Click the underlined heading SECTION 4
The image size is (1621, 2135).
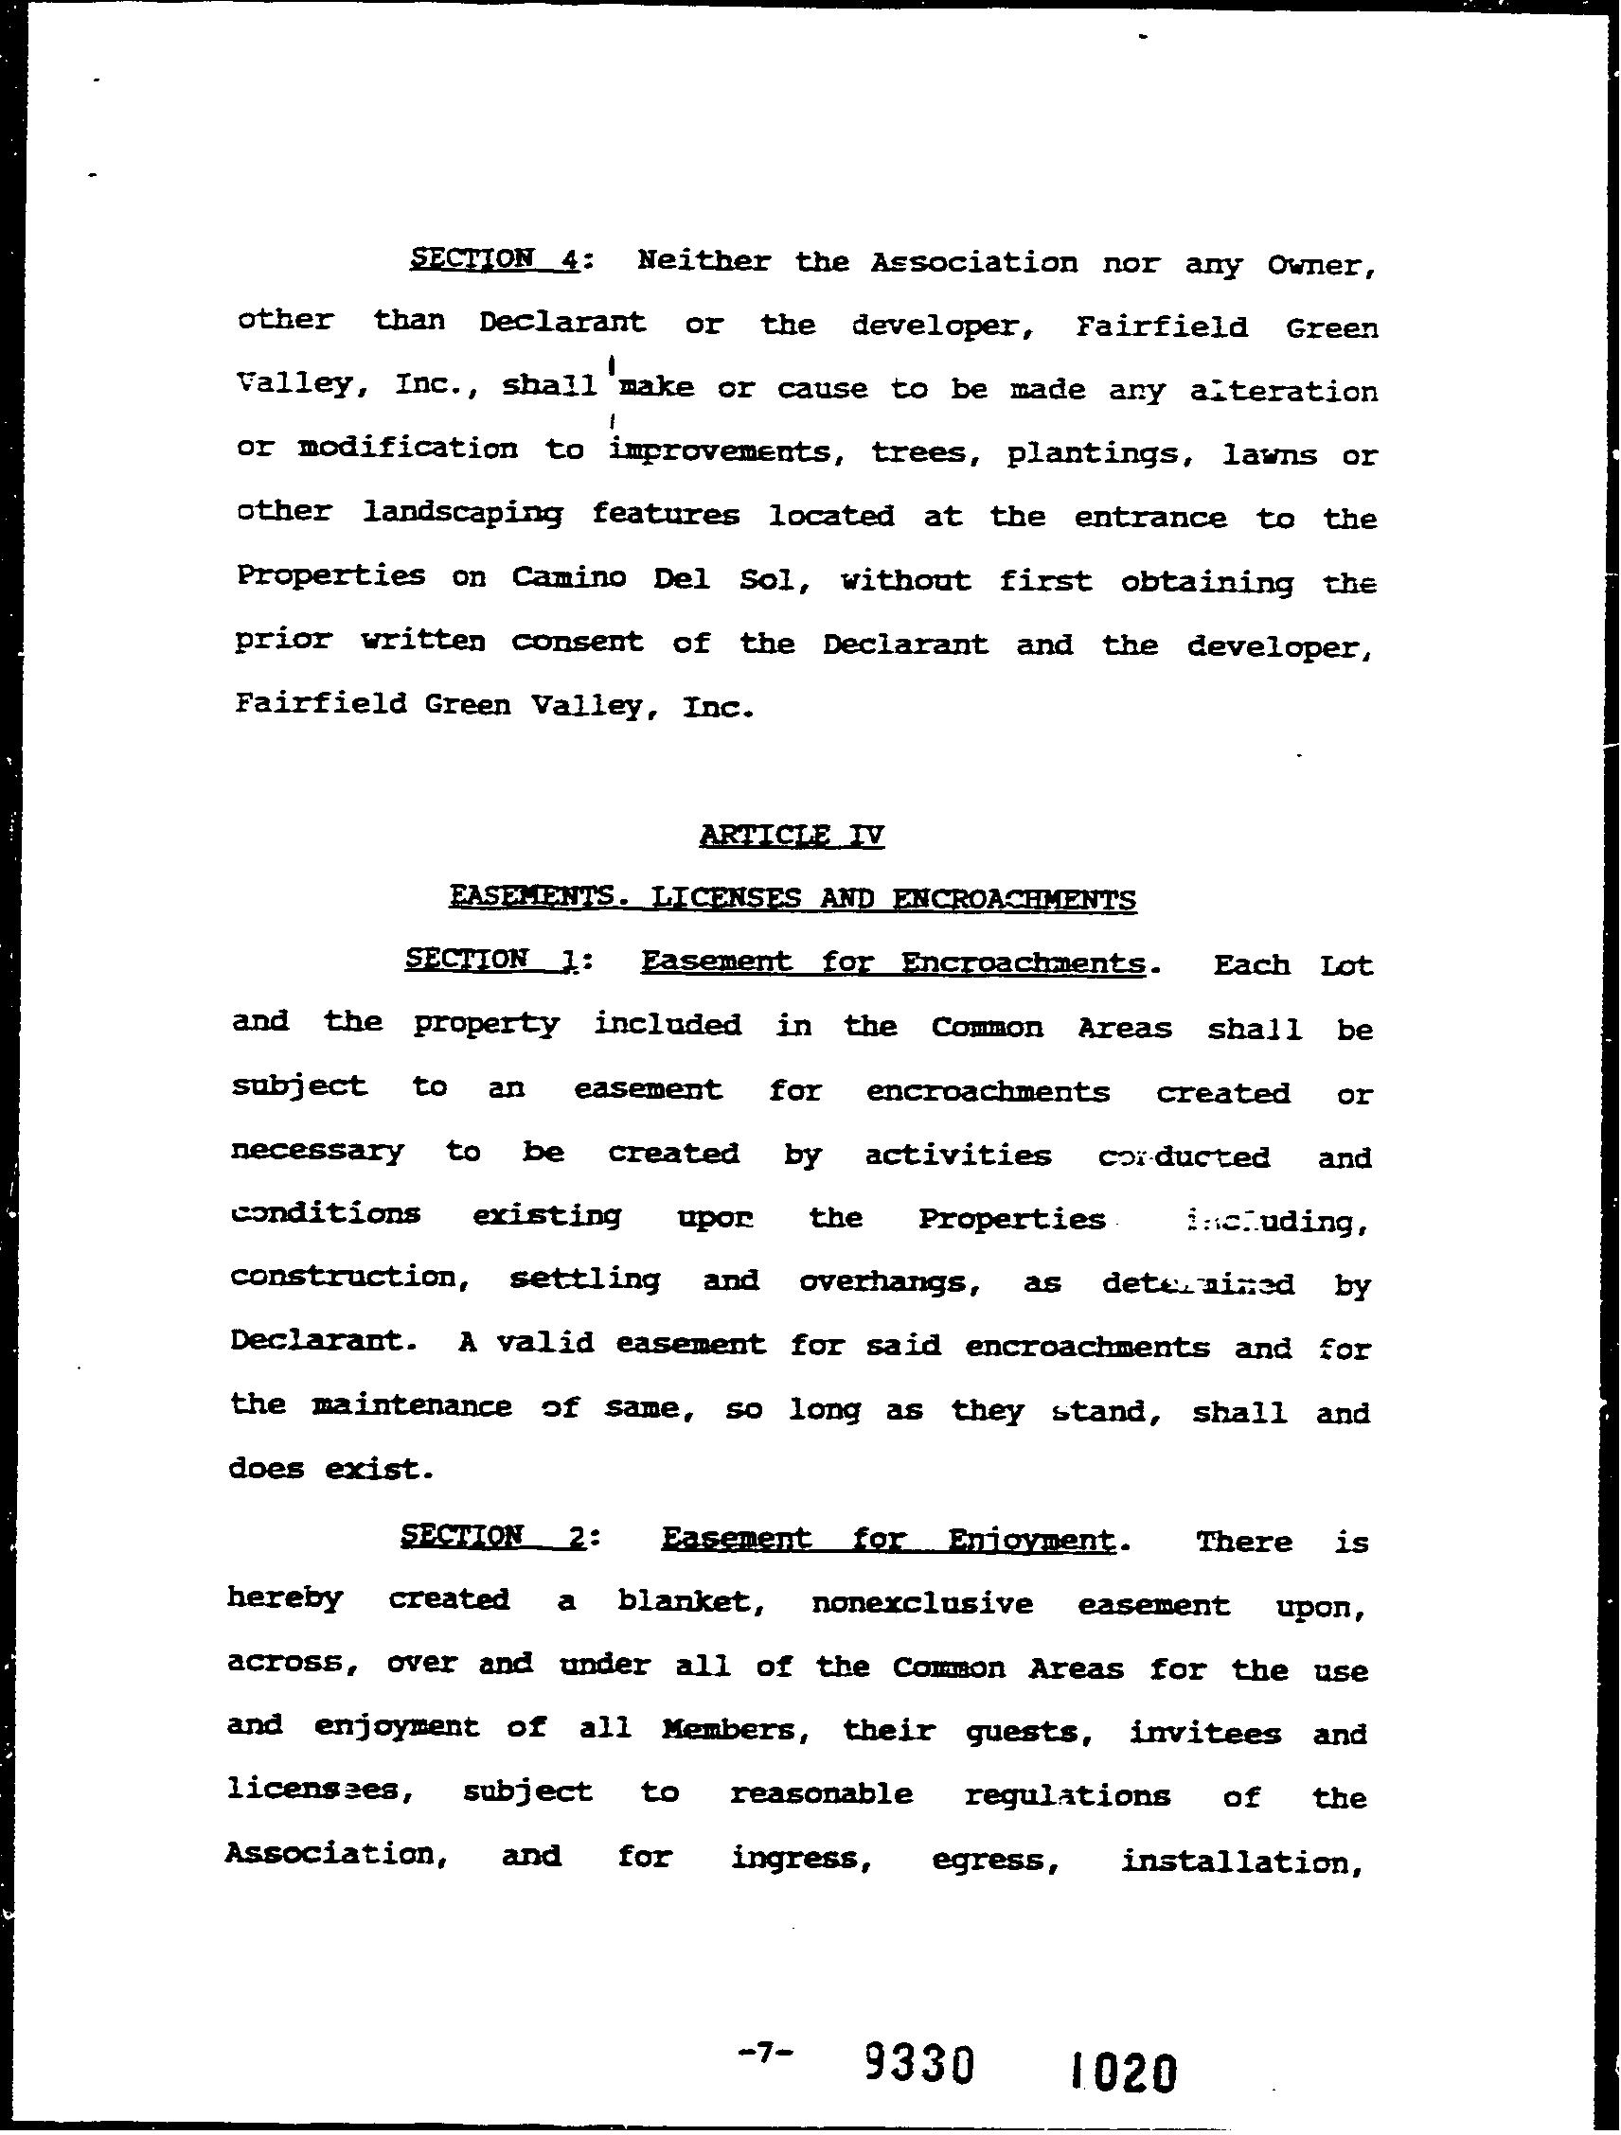click(493, 259)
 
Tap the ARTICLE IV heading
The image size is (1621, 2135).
click(791, 834)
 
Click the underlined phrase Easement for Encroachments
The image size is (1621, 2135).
click(893, 962)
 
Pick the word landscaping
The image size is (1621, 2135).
click(462, 514)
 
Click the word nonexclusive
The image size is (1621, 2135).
click(922, 1603)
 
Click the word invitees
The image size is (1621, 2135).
click(1205, 1733)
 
